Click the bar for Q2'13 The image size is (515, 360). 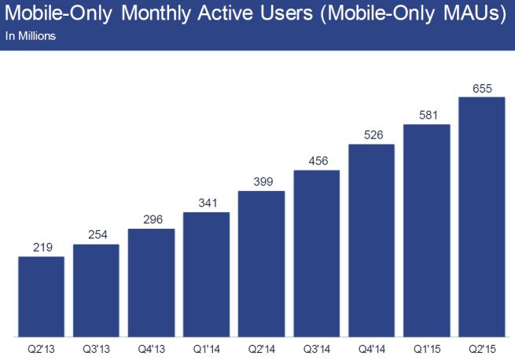click(41, 296)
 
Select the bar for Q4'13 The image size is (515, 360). click(151, 281)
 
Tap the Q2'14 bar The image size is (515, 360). click(261, 263)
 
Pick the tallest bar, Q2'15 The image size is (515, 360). click(481, 215)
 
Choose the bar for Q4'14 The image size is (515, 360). click(371, 239)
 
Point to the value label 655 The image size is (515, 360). click(481, 88)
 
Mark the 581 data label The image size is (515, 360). click(426, 116)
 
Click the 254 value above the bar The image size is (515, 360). click(96, 235)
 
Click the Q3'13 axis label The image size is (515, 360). click(96, 347)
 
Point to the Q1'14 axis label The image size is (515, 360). click(206, 347)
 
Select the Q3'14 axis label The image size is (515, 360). click(316, 347)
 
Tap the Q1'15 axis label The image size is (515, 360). click(426, 347)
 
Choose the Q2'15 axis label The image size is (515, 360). click(481, 347)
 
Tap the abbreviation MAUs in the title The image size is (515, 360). click(463, 14)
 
